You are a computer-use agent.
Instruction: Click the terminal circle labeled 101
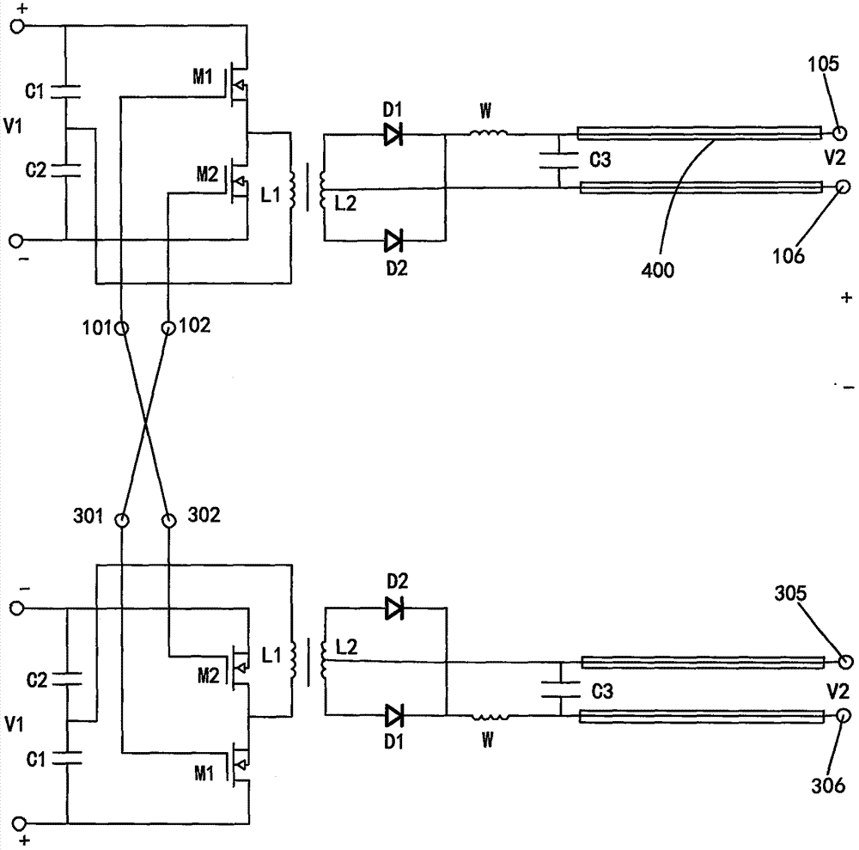pos(122,327)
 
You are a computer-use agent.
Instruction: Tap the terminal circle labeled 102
pos(169,327)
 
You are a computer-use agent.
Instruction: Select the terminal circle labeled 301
pos(122,519)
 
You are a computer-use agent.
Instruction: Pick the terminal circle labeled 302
pos(169,519)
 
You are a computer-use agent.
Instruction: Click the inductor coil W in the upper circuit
pos(488,132)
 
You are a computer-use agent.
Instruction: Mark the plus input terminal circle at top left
pos(15,26)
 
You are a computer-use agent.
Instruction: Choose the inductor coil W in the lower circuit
pos(488,715)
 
